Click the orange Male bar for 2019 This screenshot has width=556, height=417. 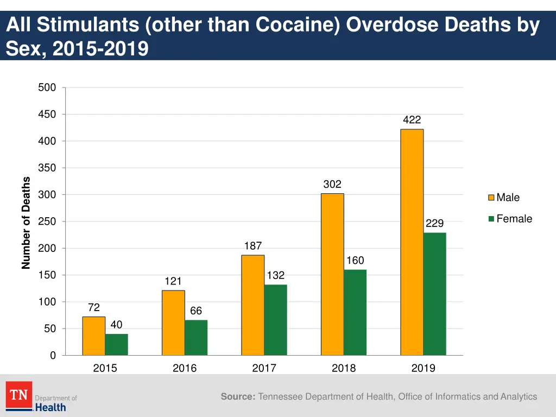[412, 242]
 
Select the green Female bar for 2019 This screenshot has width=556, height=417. [435, 294]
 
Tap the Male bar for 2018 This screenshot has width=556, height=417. [332, 274]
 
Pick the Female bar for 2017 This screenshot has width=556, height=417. [276, 320]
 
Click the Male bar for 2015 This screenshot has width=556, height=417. [94, 336]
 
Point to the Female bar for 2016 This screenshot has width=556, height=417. [196, 337]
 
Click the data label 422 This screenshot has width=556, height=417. [412, 120]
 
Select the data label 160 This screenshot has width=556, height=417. [355, 261]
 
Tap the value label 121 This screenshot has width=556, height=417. [173, 281]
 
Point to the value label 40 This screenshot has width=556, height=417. [116, 325]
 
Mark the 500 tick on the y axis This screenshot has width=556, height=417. [47, 88]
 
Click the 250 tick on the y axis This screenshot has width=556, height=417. [47, 222]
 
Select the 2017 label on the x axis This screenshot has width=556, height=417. [264, 368]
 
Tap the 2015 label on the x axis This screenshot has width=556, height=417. [105, 368]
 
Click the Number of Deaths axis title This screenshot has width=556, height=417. [26, 223]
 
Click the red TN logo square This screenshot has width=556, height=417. [19, 395]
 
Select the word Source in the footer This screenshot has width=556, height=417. [237, 397]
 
